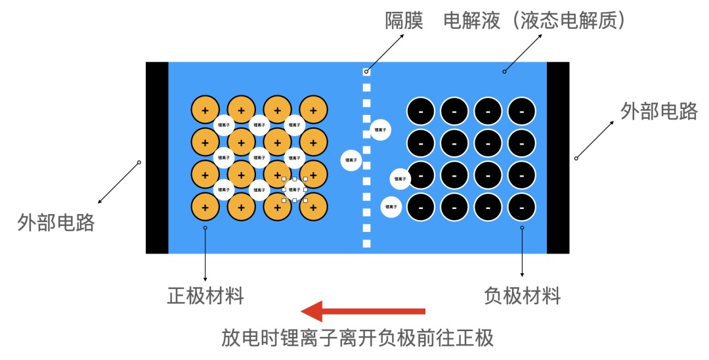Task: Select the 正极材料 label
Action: click(205, 296)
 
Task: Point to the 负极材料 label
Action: click(523, 296)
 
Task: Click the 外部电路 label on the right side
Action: click(659, 112)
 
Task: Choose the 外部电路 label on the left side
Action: click(56, 223)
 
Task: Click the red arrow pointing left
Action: click(362, 311)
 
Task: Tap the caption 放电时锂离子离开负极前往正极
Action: click(357, 338)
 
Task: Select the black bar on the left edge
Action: click(157, 158)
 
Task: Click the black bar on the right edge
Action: click(558, 158)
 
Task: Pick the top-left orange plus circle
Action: click(205, 110)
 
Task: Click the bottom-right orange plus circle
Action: click(313, 207)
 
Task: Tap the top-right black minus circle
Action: click(522, 111)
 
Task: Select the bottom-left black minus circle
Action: click(421, 207)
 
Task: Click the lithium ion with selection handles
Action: click(295, 190)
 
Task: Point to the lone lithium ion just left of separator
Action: click(352, 160)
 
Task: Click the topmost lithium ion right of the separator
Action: click(381, 130)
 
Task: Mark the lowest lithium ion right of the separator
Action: click(391, 207)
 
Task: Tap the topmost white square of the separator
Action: click(367, 72)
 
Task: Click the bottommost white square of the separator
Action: click(367, 244)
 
